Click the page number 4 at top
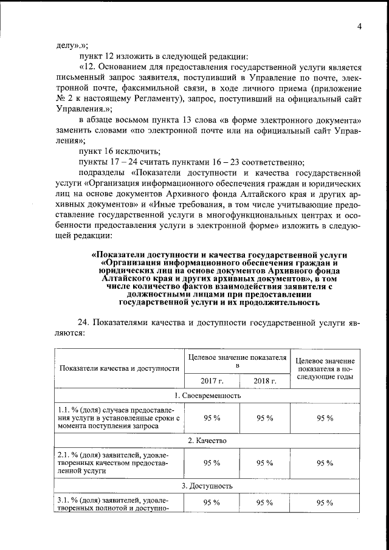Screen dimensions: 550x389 point(359,27)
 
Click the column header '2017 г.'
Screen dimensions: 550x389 point(212,381)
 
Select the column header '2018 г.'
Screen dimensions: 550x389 point(265,381)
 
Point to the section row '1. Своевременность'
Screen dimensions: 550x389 point(207,396)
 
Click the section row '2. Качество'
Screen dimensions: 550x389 point(207,440)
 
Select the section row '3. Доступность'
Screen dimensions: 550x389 point(207,486)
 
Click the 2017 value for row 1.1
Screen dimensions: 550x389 point(212,418)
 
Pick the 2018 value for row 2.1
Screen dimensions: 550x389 point(265,462)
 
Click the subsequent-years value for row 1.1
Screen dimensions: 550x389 point(325,418)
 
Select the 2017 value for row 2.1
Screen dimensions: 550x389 point(212,462)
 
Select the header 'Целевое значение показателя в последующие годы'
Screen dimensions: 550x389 point(325,368)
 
